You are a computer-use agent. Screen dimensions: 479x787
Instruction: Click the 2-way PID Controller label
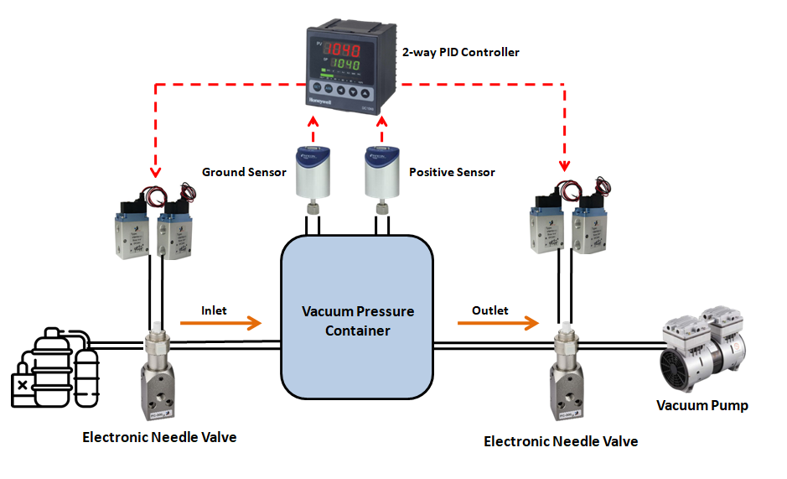tap(461, 52)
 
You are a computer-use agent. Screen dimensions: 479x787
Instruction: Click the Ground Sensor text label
tap(244, 172)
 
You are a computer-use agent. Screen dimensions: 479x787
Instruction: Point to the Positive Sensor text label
tap(452, 172)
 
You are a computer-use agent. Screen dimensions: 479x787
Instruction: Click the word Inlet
tap(215, 310)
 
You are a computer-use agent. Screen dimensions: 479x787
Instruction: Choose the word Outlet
tap(489, 310)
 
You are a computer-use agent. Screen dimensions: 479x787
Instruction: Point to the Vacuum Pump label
tap(702, 405)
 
